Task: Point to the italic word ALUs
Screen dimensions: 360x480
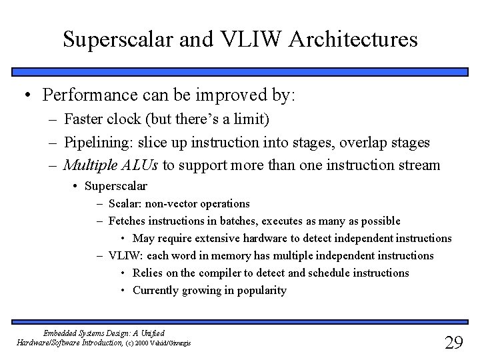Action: [139, 165]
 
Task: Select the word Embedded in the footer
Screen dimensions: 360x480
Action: [61, 332]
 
